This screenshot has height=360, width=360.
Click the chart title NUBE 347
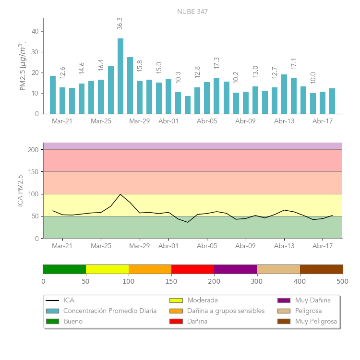pos(192,12)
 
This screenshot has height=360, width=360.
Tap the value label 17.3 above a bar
pos(216,63)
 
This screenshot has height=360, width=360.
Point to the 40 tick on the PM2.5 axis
pos(35,31)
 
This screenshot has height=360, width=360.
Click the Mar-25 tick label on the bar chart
pos(101,121)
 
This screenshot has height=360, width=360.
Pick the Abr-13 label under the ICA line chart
pos(284,246)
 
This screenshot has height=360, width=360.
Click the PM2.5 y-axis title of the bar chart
pos(22,66)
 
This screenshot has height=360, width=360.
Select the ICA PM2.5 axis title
pos(20,191)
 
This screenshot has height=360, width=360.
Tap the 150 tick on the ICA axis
pos(33,172)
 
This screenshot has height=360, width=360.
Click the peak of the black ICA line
pos(120,194)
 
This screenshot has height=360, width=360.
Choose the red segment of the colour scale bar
pos(192,269)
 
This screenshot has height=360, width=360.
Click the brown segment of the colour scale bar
pos(321,269)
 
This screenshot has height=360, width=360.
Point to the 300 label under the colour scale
pos(257,281)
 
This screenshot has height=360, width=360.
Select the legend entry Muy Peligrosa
pos(316,321)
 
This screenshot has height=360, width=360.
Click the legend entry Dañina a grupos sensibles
pos(226,311)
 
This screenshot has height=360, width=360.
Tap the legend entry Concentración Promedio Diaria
pos(110,311)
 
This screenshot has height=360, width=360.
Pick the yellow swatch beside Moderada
pos(176,300)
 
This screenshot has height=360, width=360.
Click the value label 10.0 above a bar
pos(313,78)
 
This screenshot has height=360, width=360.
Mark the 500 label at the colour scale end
pos(342,281)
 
